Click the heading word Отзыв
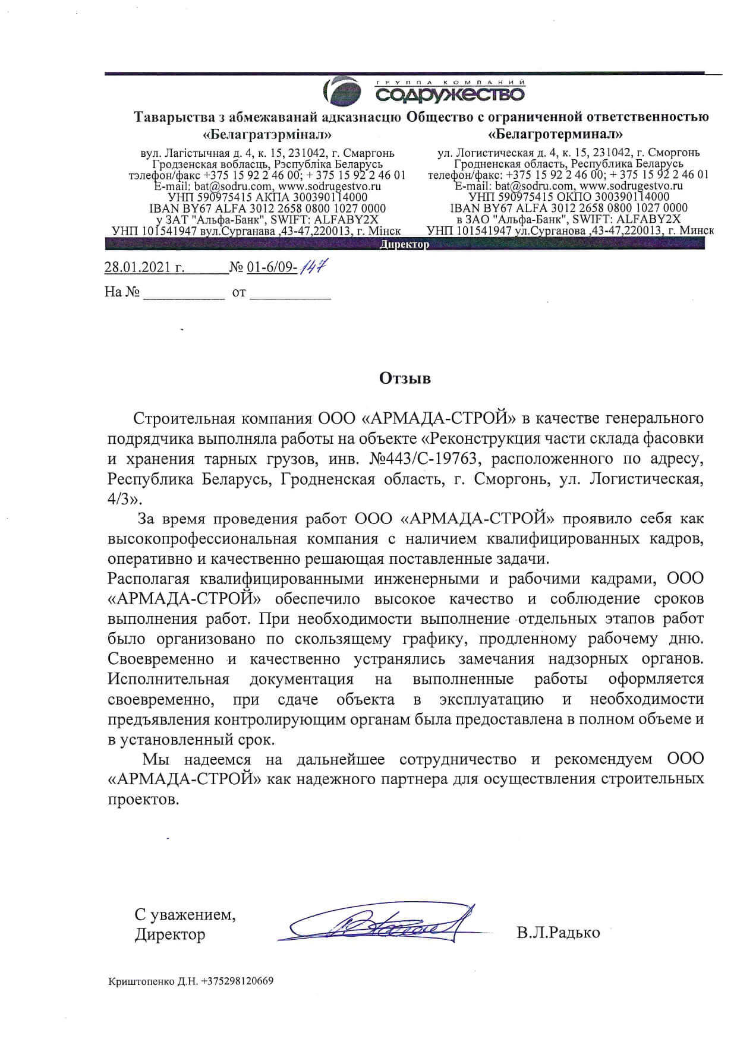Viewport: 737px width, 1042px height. coord(405,378)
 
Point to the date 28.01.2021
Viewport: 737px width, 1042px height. coord(144,267)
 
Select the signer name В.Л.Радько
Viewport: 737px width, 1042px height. coord(558,933)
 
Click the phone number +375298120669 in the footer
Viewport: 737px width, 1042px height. coord(237,981)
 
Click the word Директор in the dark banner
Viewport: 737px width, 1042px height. coord(404,245)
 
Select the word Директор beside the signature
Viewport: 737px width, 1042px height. coord(170,934)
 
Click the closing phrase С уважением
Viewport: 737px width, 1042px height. coord(185,915)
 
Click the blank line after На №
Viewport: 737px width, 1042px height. coord(184,293)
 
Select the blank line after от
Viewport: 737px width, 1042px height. coord(290,293)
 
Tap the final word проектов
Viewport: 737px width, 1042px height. coord(143,799)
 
